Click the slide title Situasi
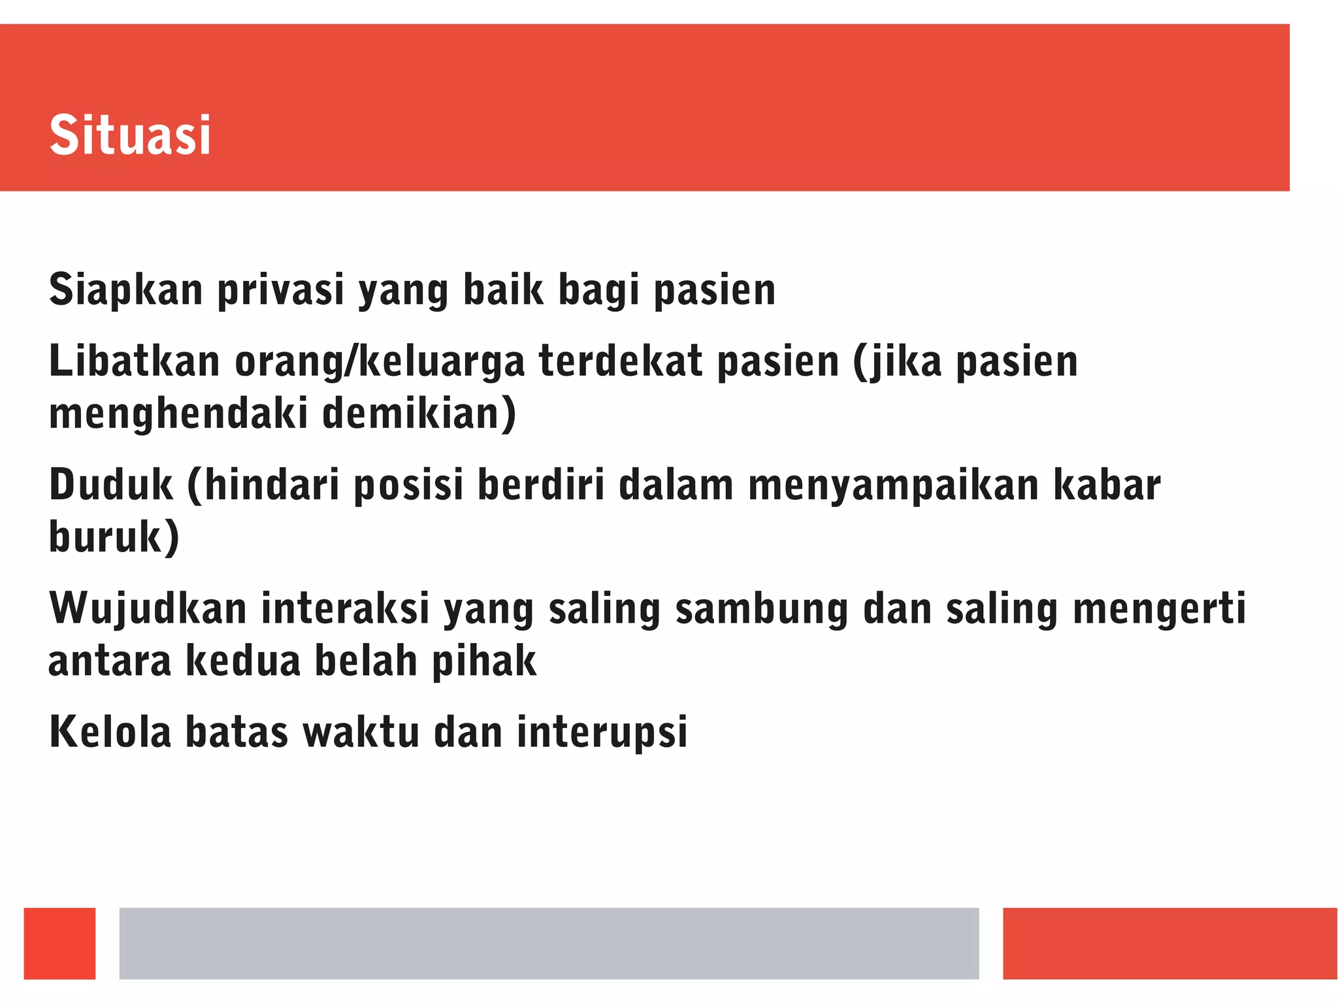click(130, 135)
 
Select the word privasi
click(280, 289)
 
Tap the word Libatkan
click(134, 361)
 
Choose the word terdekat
click(621, 361)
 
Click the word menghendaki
click(178, 414)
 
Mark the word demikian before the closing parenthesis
click(412, 414)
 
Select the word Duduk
click(111, 485)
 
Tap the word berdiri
click(541, 485)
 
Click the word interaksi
click(345, 609)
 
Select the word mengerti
click(1159, 609)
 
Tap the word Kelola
click(110, 732)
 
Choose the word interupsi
click(602, 732)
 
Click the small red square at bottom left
click(59, 943)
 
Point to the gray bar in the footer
click(549, 943)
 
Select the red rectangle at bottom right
click(1169, 943)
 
